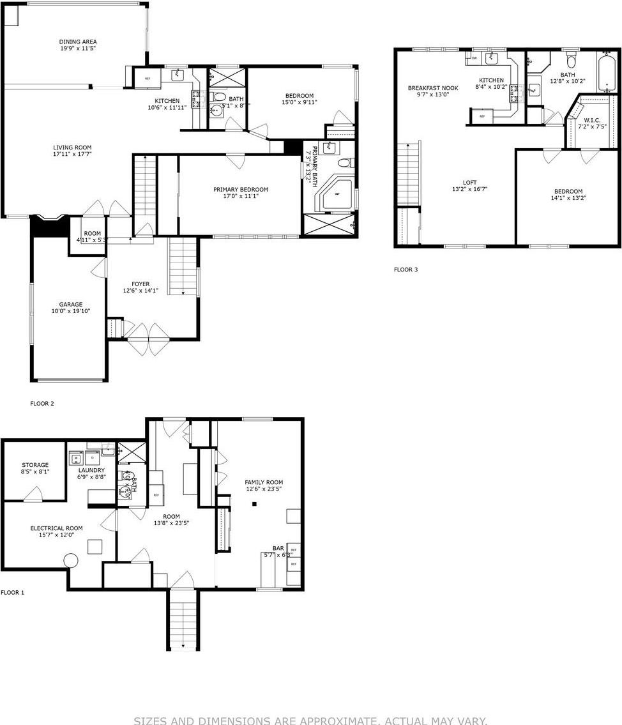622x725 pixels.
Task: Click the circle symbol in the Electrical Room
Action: point(70,560)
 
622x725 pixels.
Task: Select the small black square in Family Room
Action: point(254,504)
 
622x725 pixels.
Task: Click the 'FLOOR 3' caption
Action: point(406,270)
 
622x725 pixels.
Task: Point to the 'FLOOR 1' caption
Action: point(12,593)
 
